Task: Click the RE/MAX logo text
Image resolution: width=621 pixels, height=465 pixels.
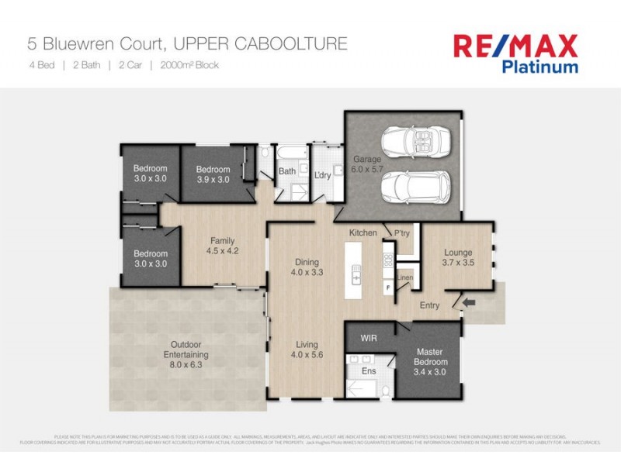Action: pos(515,46)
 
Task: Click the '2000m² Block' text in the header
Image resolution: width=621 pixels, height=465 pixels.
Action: pos(189,65)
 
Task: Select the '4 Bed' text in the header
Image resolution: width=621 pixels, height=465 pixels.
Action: pos(41,65)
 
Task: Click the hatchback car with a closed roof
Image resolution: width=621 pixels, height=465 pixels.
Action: pos(415,185)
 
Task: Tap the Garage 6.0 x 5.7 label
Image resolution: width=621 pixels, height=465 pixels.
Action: pos(367,164)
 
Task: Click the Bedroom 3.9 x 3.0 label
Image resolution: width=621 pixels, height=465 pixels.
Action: pos(213,174)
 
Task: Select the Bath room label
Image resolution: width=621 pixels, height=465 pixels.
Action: pos(287,171)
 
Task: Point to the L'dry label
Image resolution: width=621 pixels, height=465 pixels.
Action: pos(322,175)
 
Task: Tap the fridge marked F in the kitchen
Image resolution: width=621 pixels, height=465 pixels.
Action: pos(387,288)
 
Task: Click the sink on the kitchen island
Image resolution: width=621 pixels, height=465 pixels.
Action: pos(357,274)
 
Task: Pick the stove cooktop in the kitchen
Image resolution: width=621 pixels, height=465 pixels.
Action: pos(387,259)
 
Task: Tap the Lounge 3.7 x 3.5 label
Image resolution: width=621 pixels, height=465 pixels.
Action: pos(458,257)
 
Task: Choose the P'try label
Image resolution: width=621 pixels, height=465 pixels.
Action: pos(402,233)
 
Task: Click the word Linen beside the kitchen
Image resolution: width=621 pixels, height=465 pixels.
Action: pos(404,277)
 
